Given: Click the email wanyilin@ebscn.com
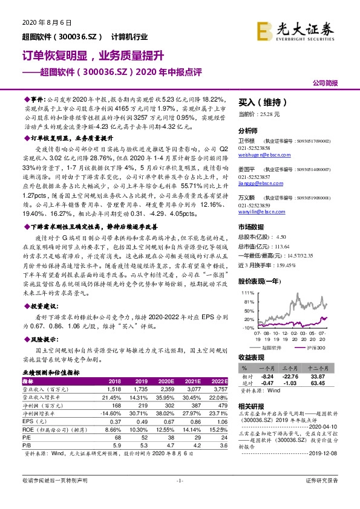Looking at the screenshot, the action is pos(262,212).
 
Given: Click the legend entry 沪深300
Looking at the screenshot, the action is pos(312,349).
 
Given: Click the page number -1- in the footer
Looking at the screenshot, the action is pos(180,497).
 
